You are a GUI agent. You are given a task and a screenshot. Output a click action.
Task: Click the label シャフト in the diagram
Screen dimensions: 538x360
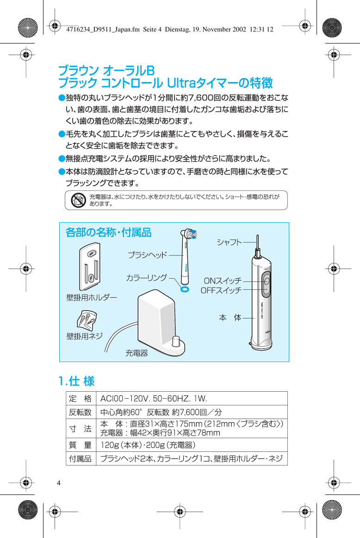pos(229,242)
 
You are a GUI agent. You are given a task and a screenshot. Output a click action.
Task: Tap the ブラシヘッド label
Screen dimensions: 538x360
pos(147,255)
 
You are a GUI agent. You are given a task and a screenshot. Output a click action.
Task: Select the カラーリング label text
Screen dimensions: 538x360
pos(146,278)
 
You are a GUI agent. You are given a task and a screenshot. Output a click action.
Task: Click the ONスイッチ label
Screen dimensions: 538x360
pos(223,281)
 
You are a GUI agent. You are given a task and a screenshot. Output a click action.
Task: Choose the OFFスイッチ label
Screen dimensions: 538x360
pos(221,290)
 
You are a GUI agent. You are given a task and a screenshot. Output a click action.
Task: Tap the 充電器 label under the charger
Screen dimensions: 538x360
pos(137,353)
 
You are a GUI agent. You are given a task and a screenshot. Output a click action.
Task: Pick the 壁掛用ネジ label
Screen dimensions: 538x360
pos(84,336)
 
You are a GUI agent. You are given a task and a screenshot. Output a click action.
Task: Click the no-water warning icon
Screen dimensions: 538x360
pos(79,200)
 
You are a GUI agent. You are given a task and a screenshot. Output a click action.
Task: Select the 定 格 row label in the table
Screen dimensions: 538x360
pos(80,399)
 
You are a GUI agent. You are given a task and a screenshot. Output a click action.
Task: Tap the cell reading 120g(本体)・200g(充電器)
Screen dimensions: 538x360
pos(148,445)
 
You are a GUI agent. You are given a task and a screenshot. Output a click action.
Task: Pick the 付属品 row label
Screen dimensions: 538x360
pos(80,459)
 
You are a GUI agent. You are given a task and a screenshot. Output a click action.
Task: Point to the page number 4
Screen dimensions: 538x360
pos(59,483)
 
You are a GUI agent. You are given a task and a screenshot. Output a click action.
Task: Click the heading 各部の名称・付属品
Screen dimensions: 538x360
pos(109,232)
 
